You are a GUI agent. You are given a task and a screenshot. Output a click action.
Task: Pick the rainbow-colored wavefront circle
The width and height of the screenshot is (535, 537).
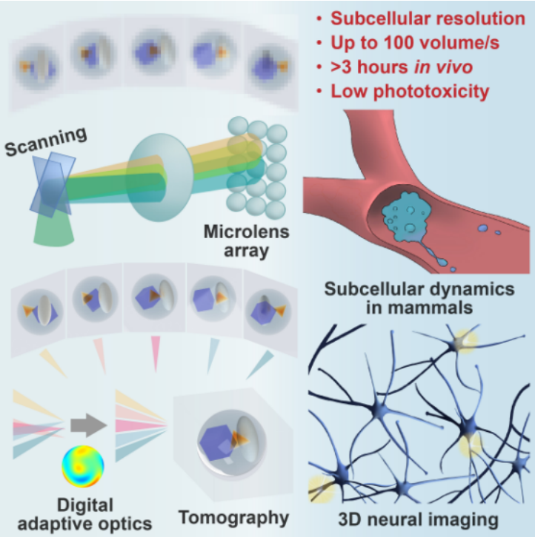(x=84, y=465)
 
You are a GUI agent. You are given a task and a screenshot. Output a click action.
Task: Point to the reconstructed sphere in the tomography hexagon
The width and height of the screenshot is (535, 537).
(x=220, y=439)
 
